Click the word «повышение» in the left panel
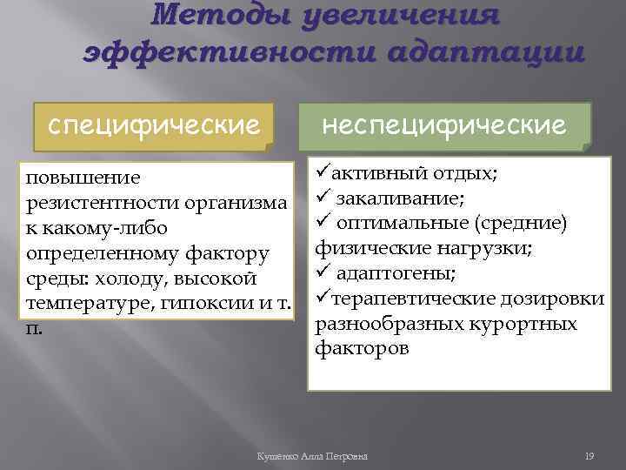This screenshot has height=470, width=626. [x=83, y=178]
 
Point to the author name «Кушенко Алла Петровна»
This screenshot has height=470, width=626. [x=313, y=457]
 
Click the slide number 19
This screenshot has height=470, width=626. [x=588, y=457]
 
